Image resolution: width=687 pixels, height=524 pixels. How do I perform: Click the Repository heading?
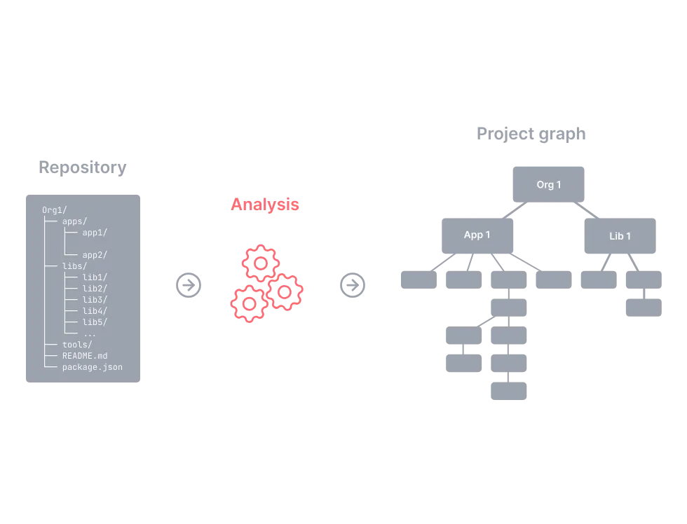[x=83, y=167]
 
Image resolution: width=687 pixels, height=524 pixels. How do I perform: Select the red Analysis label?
[x=265, y=205]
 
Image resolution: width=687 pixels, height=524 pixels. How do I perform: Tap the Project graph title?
[x=531, y=134]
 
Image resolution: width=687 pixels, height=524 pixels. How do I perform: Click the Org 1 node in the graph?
[x=548, y=184]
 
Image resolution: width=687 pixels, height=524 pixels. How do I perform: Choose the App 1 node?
[x=477, y=235]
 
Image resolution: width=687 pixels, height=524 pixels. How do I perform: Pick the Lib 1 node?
[x=620, y=236]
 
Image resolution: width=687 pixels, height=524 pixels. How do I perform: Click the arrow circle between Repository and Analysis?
[x=189, y=285]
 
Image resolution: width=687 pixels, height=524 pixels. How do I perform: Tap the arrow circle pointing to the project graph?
[x=353, y=285]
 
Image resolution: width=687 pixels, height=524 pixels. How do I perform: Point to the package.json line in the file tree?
[x=92, y=367]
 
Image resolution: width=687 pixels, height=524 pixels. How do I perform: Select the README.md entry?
[x=85, y=356]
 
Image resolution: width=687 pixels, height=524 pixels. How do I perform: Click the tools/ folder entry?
[x=77, y=345]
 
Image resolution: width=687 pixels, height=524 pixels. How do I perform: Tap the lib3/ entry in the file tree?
[x=95, y=299]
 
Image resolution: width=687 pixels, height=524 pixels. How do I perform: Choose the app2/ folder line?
[x=95, y=255]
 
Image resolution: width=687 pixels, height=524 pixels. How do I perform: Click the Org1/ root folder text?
[x=55, y=210]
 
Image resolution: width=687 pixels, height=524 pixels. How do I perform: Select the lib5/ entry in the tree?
[x=95, y=322]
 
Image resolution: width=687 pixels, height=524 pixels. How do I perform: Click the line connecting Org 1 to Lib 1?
[x=586, y=210]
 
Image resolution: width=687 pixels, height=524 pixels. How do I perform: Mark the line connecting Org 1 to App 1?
[x=515, y=210]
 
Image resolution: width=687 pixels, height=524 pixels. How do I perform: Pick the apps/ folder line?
[x=74, y=221]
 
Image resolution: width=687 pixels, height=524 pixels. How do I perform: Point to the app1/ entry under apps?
[x=95, y=233]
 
